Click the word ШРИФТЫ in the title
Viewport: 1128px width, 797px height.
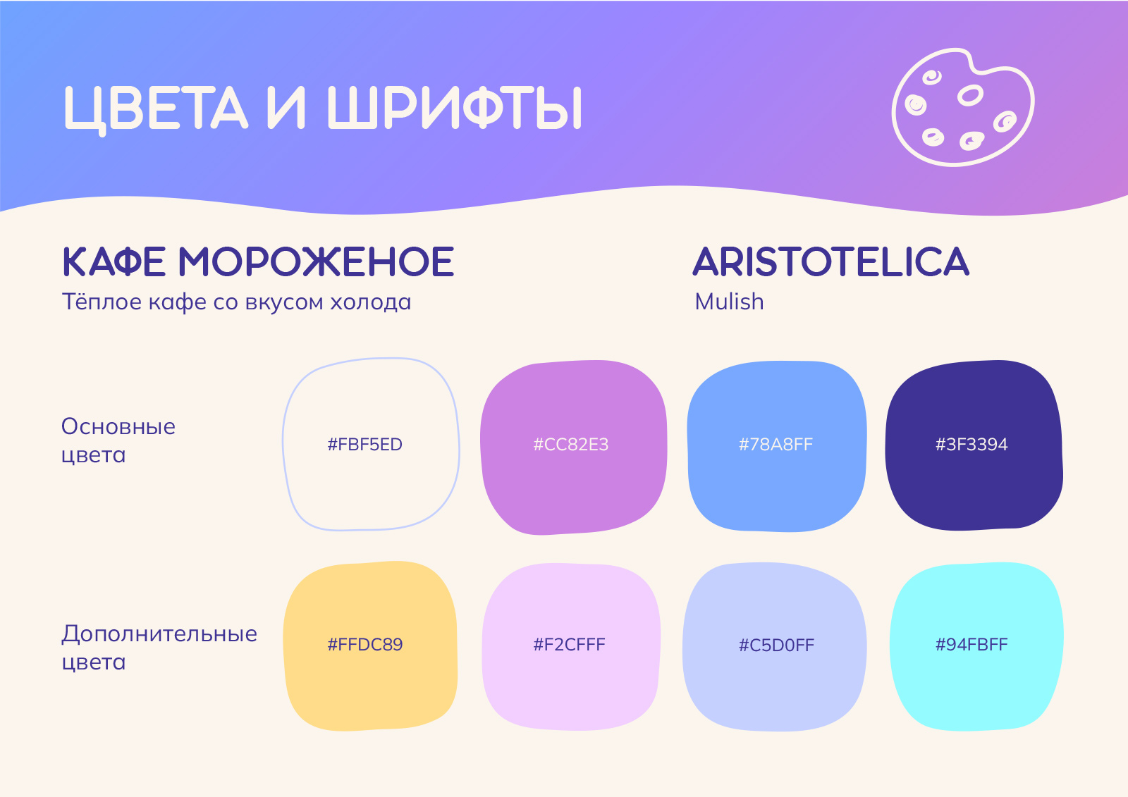coord(455,108)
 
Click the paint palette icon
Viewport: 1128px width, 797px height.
coord(963,107)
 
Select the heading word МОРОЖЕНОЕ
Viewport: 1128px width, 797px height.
coord(317,262)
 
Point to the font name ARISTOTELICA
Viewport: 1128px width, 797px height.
coord(831,262)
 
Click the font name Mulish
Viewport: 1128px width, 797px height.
coord(729,302)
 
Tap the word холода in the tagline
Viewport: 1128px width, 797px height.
coord(371,302)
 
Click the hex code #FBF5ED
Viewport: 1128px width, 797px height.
coord(365,445)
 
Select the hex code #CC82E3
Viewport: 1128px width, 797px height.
coord(571,445)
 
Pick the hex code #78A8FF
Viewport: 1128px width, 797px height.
coord(776,445)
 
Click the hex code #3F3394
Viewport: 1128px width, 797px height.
coord(972,445)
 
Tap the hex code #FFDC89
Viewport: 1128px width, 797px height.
coord(365,645)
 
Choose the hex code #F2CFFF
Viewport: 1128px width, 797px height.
coord(570,645)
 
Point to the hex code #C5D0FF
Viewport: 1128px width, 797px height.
coord(776,645)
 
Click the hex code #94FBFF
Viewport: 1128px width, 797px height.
coord(972,645)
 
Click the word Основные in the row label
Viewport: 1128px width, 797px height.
coord(118,427)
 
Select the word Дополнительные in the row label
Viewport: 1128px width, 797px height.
coord(159,634)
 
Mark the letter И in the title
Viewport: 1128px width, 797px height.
coord(286,108)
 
